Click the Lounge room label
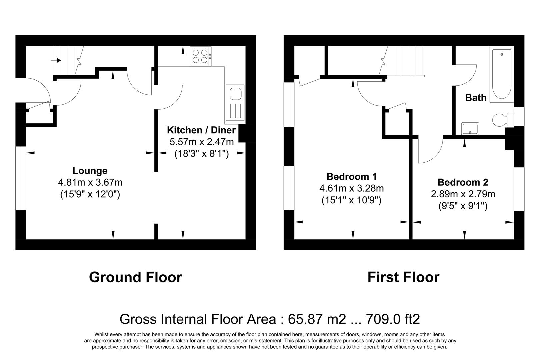(90, 171)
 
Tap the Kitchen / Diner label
(201, 130)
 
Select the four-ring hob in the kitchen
(200, 56)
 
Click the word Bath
(476, 98)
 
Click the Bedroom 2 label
(463, 182)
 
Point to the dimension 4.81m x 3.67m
(90, 182)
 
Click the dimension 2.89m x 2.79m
(463, 194)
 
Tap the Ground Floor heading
(135, 277)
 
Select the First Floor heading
(403, 277)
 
